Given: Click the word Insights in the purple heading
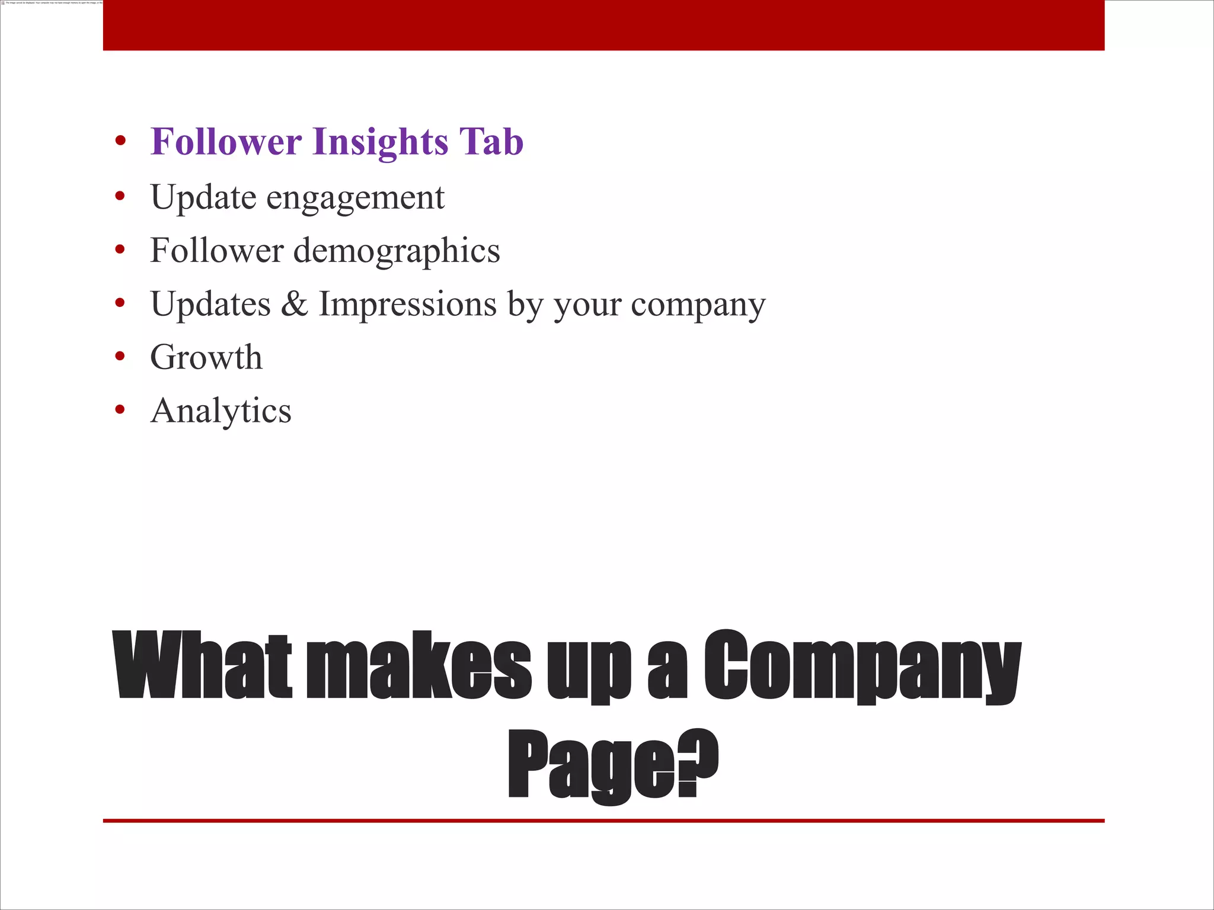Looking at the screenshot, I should (x=381, y=142).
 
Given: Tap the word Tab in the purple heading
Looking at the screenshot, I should (x=491, y=142).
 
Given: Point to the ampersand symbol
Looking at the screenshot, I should (x=295, y=304).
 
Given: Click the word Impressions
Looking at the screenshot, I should (x=408, y=305).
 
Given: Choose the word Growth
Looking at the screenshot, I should (x=206, y=357).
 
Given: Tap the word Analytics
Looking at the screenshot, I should (x=221, y=411).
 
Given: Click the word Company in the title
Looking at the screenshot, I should (x=862, y=667).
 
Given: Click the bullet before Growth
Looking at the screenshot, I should (x=120, y=356).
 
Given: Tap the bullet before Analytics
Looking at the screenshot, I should (x=120, y=409).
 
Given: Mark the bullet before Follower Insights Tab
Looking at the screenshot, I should (x=120, y=141).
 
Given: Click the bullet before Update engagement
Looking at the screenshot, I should (x=120, y=196).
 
